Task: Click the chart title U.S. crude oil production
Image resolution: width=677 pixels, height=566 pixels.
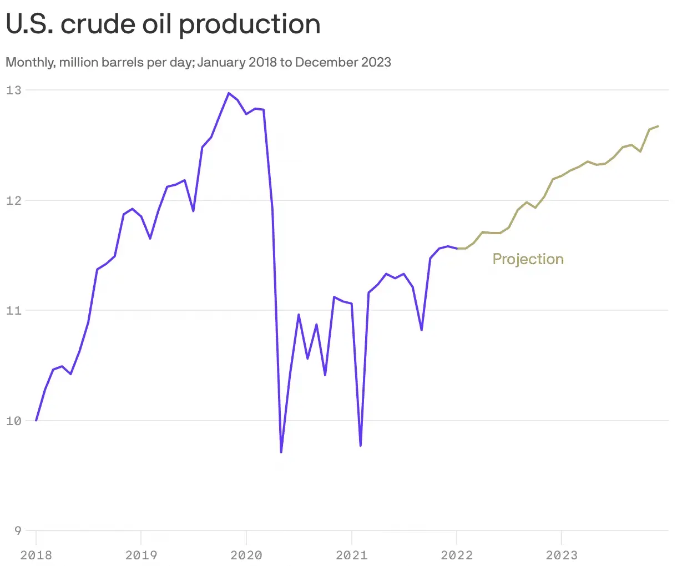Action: click(163, 24)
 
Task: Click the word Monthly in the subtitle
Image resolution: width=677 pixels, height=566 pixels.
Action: click(29, 62)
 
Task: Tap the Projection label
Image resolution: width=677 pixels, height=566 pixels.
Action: click(528, 259)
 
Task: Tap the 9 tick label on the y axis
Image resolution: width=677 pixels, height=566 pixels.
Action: click(17, 530)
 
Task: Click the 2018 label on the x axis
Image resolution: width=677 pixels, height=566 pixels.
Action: click(36, 554)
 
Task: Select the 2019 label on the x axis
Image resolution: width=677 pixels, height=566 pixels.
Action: click(141, 554)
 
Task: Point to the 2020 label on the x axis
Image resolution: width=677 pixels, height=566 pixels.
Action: click(246, 554)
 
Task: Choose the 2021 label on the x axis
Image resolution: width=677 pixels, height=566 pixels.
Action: click(351, 554)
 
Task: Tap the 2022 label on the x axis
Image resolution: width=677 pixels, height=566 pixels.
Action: click(456, 554)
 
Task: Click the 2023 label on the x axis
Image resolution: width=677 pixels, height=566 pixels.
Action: click(562, 554)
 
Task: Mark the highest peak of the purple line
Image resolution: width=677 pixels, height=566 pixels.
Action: click(229, 93)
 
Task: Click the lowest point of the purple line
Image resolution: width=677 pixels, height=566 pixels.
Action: click(281, 452)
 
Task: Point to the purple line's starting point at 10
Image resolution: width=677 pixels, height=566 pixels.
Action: click(36, 420)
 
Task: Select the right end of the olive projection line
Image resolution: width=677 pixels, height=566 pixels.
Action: click(658, 126)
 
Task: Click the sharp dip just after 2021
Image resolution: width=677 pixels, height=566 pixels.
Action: click(361, 446)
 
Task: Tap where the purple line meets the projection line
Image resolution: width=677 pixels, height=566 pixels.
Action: click(457, 249)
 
